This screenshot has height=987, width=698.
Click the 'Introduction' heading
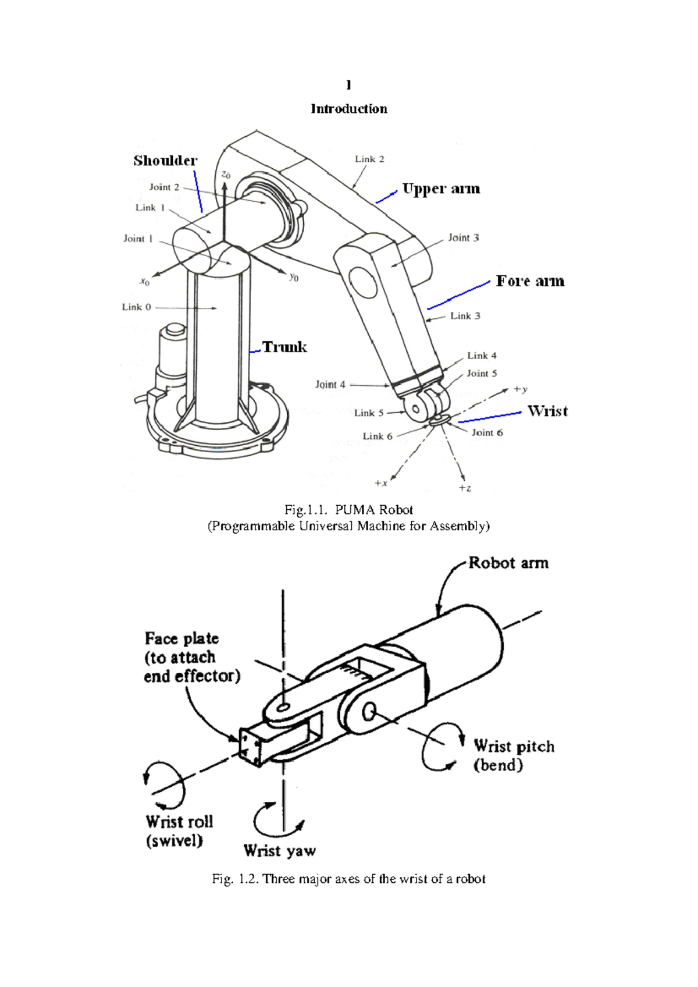point(348,109)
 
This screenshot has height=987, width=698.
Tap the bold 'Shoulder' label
point(165,161)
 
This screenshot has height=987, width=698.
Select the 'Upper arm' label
point(441,189)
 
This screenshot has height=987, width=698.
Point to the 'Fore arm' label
point(530,281)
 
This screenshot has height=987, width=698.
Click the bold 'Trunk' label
point(284,347)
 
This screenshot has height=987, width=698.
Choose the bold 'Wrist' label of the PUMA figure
point(547,411)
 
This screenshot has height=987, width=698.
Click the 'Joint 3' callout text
point(463,237)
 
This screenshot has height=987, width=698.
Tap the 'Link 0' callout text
point(136,307)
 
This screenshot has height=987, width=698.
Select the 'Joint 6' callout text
point(487,432)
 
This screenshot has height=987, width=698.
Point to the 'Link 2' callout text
point(369,159)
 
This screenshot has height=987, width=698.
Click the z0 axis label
point(226,175)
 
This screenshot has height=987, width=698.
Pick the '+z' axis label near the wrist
point(465,488)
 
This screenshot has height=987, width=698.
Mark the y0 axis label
point(294,278)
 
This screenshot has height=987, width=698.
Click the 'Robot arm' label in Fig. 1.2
point(508,563)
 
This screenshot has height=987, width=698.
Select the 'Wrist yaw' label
point(279,851)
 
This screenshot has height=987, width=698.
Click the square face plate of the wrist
point(251,747)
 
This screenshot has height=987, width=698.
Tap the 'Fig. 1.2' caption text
point(348,879)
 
